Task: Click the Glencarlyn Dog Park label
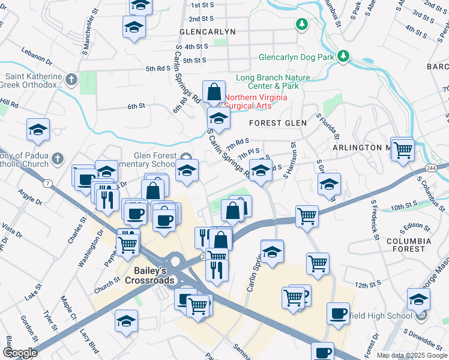click(x=296, y=58)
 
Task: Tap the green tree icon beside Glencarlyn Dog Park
click(x=343, y=56)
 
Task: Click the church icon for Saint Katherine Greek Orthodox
click(x=71, y=79)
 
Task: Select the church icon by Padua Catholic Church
click(x=57, y=159)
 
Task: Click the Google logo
click(x=20, y=353)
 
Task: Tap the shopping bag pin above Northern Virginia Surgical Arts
click(x=214, y=93)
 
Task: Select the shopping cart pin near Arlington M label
click(x=403, y=149)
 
